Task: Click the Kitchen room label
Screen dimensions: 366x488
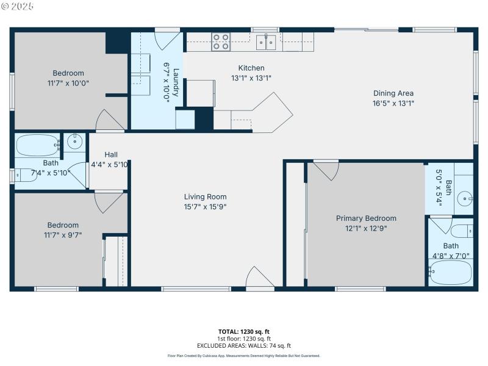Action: (251, 68)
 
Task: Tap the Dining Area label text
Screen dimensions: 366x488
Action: (393, 93)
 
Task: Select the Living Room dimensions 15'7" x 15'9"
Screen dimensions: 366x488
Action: (206, 206)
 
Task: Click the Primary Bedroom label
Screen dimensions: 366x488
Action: (366, 218)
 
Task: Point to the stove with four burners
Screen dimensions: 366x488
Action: (220, 42)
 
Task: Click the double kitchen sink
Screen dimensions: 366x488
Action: (267, 42)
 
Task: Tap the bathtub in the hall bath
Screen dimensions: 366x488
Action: (37, 145)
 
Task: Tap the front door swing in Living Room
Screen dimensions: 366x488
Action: (260, 277)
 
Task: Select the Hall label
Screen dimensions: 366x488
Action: (111, 155)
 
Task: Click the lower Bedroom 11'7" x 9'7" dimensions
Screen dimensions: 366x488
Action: (63, 234)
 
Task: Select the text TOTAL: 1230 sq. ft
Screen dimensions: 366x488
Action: (244, 332)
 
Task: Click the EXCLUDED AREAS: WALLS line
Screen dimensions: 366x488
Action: (244, 345)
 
